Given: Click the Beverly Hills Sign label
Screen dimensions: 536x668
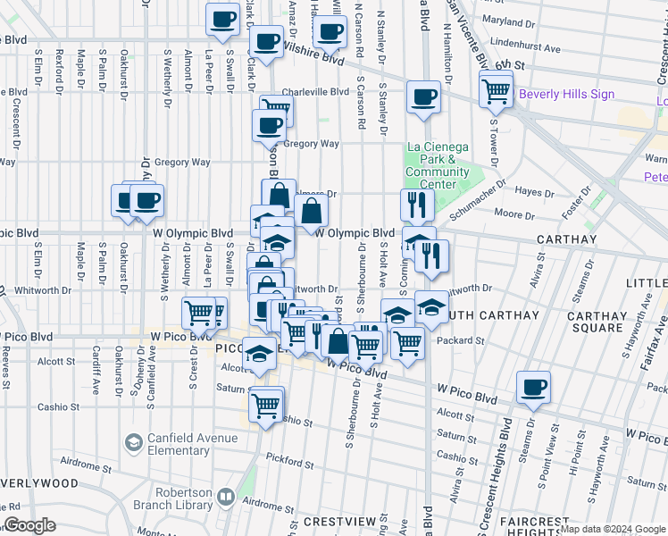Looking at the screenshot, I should click(566, 94).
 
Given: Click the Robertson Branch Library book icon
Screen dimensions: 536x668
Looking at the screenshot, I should click(227, 497).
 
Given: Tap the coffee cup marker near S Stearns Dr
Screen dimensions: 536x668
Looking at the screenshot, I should click(533, 387).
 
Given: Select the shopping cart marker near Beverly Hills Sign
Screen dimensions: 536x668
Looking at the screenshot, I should click(496, 90).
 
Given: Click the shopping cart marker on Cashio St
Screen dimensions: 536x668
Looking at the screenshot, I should click(267, 404).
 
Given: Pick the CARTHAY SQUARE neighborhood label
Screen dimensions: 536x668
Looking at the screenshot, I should click(597, 322).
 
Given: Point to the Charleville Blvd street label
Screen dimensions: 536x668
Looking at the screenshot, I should click(315, 92).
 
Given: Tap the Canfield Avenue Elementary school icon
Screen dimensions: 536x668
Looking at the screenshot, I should click(133, 443).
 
